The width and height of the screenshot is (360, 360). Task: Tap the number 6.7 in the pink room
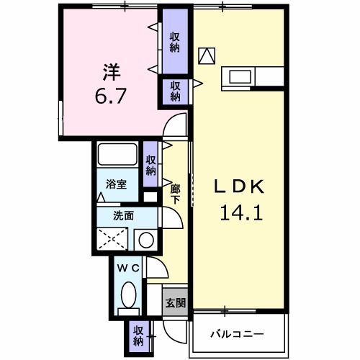tap(110, 96)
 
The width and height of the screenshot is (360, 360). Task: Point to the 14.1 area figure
tap(241, 212)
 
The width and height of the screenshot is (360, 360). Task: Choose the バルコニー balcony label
tap(237, 334)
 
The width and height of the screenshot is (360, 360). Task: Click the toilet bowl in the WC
tap(130, 295)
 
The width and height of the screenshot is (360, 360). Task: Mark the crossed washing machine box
tap(111, 238)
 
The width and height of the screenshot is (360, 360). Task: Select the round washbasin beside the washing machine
tap(146, 240)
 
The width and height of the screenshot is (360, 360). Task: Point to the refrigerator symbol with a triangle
tap(207, 55)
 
